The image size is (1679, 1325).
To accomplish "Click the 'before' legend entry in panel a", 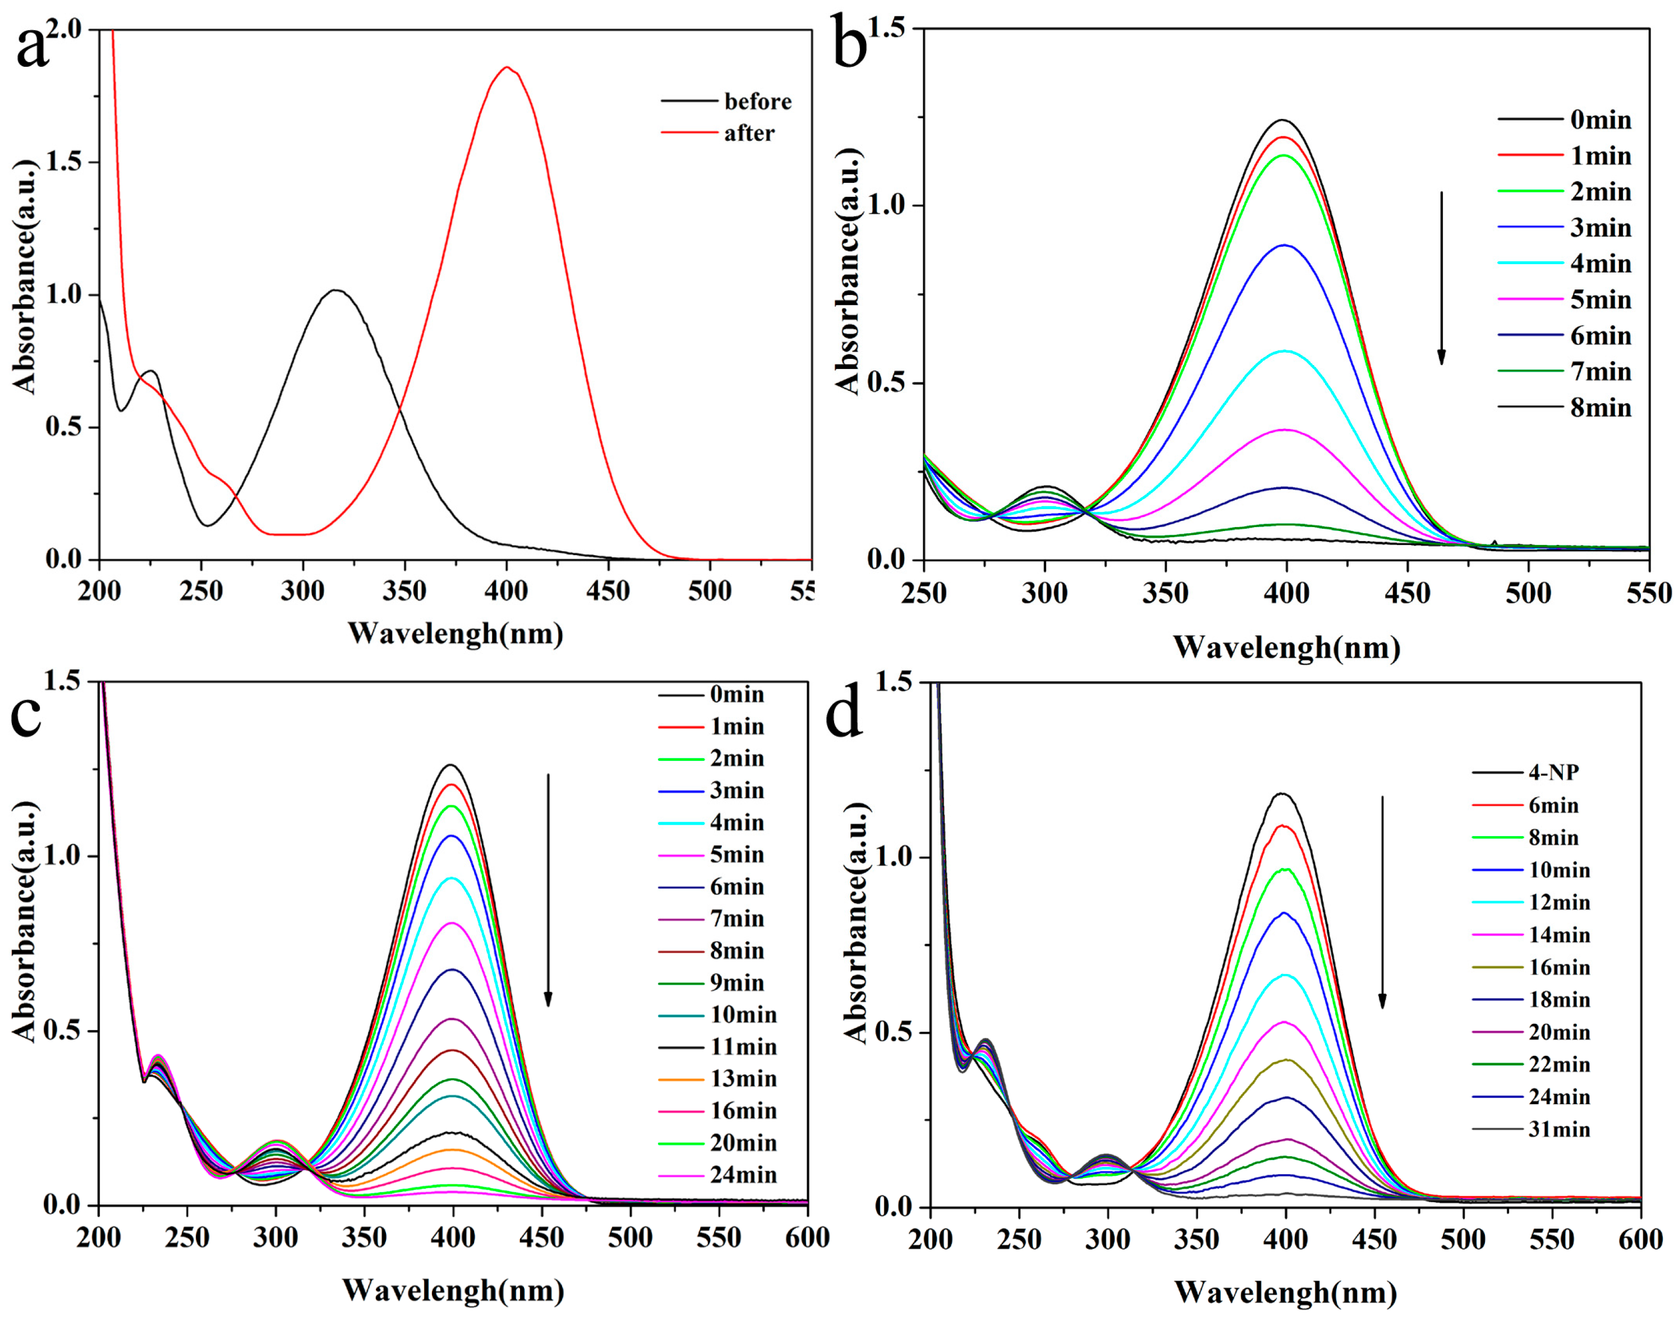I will (x=757, y=101).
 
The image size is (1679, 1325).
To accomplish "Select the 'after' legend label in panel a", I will (x=749, y=133).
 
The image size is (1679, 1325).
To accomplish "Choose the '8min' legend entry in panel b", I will (x=1600, y=407).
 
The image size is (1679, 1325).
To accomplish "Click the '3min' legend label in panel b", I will (x=1600, y=228).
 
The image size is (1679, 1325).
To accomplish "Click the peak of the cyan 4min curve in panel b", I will (x=1286, y=352).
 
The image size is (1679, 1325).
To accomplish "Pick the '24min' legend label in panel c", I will (x=743, y=1175).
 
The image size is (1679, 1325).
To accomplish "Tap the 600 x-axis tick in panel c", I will (x=807, y=1238).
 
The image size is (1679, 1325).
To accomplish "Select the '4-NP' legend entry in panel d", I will (x=1553, y=773).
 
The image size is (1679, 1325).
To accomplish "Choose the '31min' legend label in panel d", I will (x=1559, y=1129).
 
